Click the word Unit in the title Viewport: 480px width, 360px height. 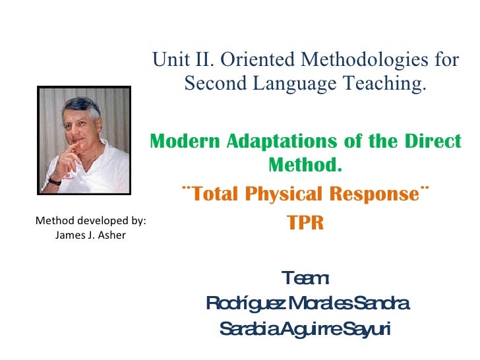(167, 60)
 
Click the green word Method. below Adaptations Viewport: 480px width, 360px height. (306, 165)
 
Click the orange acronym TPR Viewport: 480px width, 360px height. (306, 223)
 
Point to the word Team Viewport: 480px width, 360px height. (305, 278)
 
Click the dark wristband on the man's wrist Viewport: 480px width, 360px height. (54, 179)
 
